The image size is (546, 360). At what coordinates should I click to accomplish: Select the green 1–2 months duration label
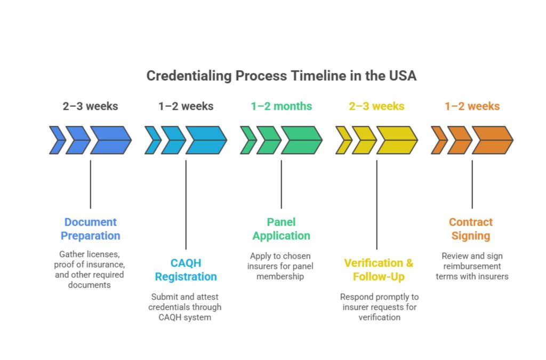(281, 106)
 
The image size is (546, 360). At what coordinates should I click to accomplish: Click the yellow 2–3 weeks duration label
(376, 106)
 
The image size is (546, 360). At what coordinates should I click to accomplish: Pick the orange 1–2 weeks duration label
(472, 106)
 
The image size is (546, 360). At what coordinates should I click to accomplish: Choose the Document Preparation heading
(90, 229)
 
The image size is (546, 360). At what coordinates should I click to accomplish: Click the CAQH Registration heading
(186, 270)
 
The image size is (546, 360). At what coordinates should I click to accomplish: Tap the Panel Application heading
(281, 229)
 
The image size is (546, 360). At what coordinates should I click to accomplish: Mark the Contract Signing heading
(471, 229)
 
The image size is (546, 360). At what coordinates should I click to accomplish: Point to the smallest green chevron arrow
(247, 140)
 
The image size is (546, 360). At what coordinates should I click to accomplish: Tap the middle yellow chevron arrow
(364, 140)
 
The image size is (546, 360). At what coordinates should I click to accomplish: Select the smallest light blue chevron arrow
(152, 140)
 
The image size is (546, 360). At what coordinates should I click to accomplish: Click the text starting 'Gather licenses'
(89, 270)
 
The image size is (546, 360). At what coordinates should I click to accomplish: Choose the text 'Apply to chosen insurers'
(281, 266)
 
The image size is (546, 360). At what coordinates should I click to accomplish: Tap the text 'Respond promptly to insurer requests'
(379, 307)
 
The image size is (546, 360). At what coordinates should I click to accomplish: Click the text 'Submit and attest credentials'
(186, 307)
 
